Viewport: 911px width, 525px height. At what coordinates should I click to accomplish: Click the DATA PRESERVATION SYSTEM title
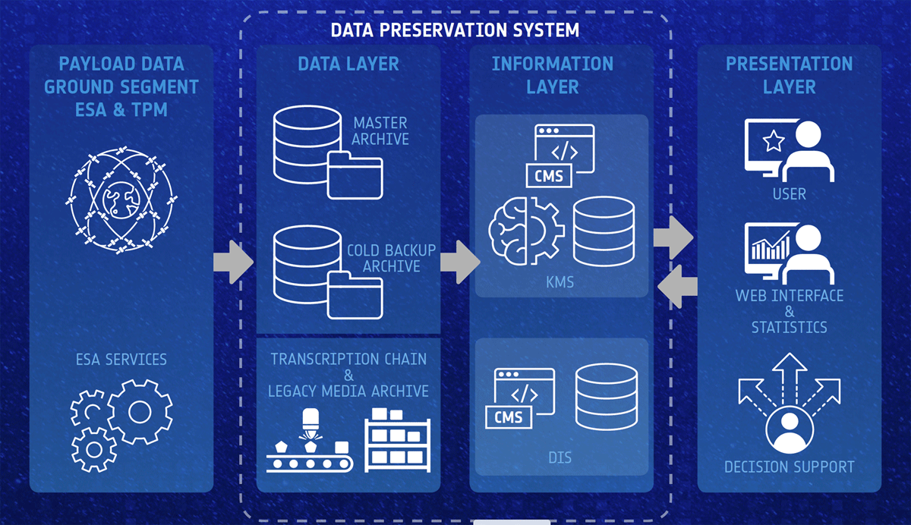[x=455, y=30]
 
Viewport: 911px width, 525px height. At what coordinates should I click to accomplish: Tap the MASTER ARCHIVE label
[x=380, y=130]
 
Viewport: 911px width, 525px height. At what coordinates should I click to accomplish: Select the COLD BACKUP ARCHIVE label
[x=391, y=258]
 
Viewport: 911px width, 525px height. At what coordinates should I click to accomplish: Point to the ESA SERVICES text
[x=121, y=359]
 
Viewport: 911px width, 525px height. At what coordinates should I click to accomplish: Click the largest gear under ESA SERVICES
[x=140, y=412]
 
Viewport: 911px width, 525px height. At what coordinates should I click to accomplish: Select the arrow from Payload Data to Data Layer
[x=233, y=262]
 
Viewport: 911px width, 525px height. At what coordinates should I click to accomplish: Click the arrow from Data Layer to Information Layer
[x=460, y=262]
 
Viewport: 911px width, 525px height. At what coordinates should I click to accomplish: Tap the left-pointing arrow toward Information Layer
[x=677, y=287]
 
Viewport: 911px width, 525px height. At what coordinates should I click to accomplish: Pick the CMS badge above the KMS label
[x=549, y=176]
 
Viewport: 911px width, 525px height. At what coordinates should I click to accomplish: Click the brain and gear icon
[x=526, y=231]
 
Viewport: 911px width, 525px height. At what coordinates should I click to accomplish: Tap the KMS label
[x=560, y=282]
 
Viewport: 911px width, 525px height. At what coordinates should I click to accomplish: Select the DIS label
[x=560, y=458]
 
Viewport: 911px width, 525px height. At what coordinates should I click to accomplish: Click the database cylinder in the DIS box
[x=607, y=397]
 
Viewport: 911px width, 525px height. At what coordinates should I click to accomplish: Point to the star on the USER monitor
[x=774, y=141]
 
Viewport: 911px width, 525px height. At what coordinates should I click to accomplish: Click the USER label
[x=790, y=193]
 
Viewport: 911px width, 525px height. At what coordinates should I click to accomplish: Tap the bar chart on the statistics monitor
[x=771, y=247]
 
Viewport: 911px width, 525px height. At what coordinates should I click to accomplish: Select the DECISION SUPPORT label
[x=790, y=467]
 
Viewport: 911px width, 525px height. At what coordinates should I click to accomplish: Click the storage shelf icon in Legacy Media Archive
[x=397, y=440]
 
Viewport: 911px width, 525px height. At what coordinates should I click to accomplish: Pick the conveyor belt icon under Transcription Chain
[x=310, y=441]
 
